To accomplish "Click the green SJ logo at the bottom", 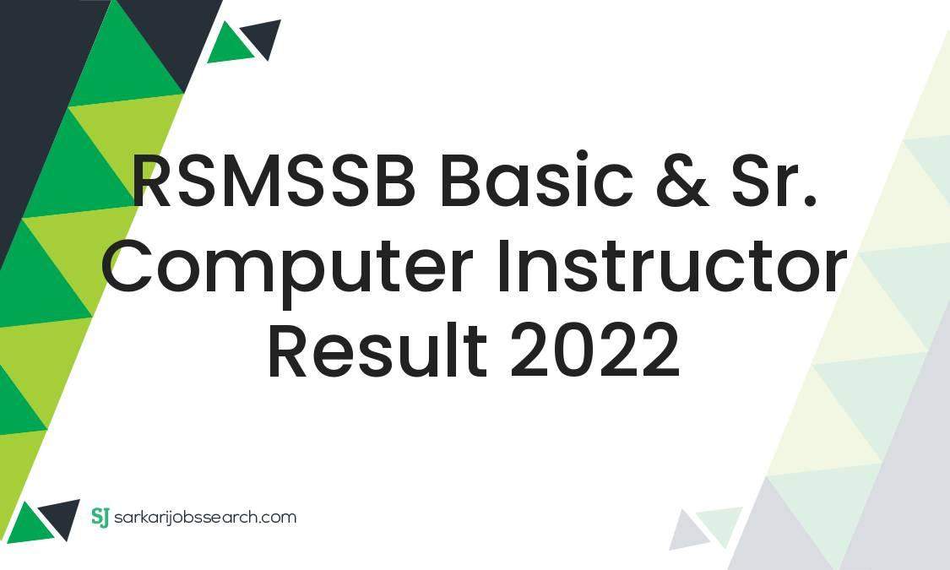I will tap(100, 517).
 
